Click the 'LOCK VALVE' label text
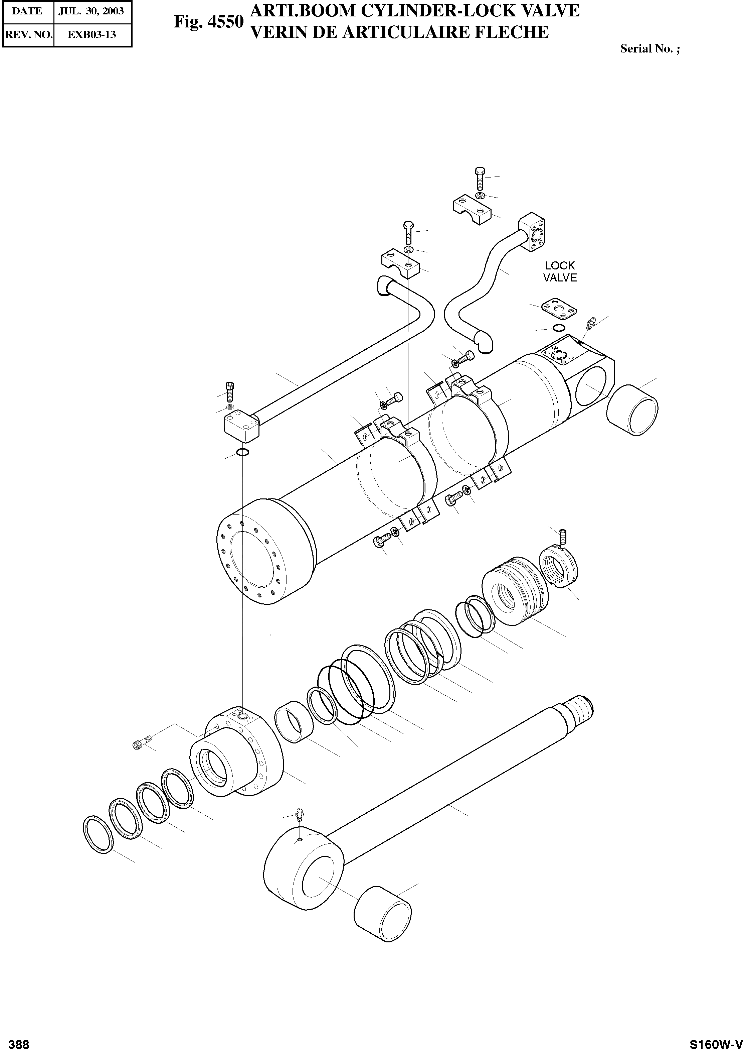pos(560,271)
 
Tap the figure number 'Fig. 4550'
pos(208,21)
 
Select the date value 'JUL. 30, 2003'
pos(91,11)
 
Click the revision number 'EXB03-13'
pos(91,35)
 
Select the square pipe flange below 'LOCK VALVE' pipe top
pos(534,234)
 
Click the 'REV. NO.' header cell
pos(28,35)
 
